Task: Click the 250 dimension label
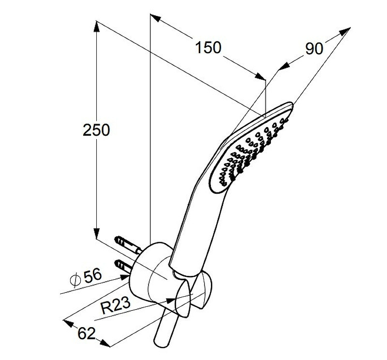coord(96,130)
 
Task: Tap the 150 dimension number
coord(208,47)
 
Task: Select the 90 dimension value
coord(314,49)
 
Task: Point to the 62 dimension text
coord(87,333)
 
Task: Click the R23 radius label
coord(116,305)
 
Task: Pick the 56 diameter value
coord(92,275)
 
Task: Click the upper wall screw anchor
coord(128,245)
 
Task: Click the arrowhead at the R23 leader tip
coord(171,301)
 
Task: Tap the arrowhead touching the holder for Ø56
coord(124,278)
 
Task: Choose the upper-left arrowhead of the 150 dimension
coord(155,18)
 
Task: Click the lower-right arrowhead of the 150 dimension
coord(260,76)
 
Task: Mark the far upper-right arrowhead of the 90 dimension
coord(345,31)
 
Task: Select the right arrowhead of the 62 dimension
coord(105,343)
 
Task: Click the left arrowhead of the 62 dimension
coord(69,323)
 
